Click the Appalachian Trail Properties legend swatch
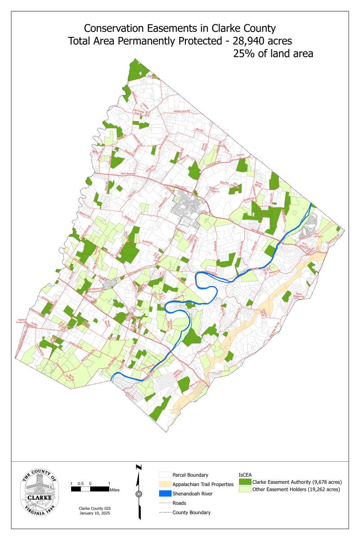point(165,484)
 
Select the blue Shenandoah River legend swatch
point(165,494)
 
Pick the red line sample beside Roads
point(165,503)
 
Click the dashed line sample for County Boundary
point(165,512)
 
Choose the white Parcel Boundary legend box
point(165,475)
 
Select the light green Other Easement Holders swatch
point(245,489)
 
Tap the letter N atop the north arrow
point(139,468)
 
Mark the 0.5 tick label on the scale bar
point(81,483)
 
